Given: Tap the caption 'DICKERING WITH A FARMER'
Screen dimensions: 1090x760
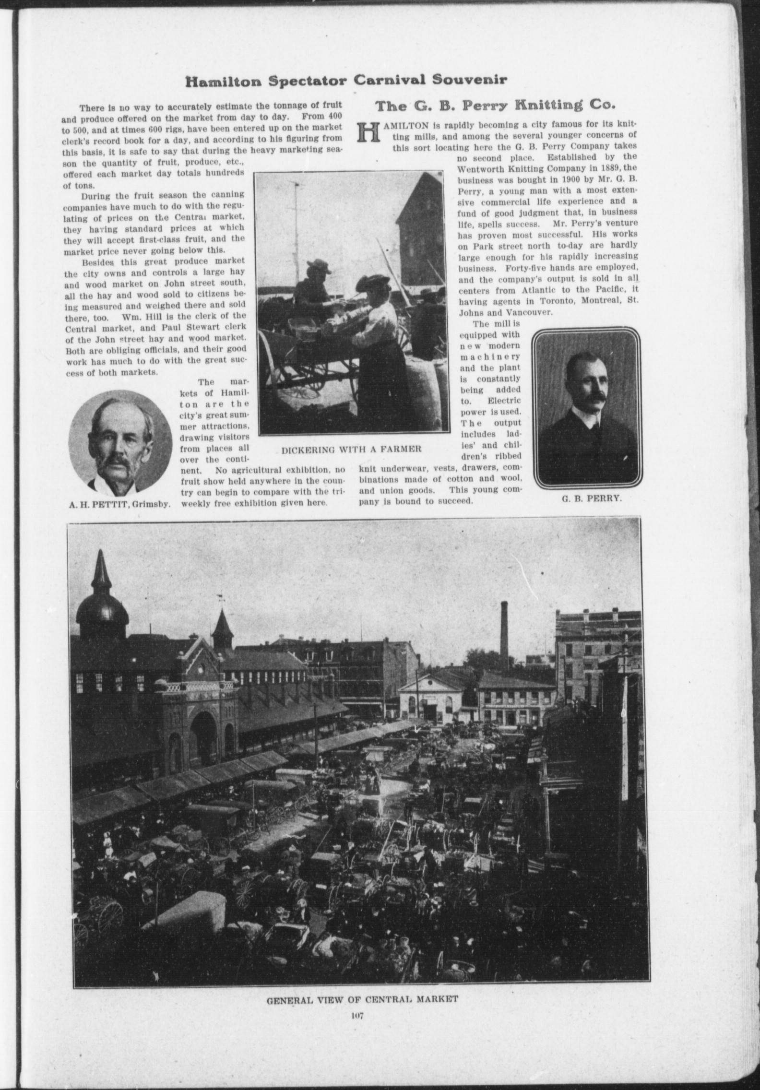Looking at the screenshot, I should pyautogui.click(x=351, y=449).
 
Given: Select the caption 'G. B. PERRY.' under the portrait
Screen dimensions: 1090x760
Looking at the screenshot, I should pyautogui.click(x=592, y=498).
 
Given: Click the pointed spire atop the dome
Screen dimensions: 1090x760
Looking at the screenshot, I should pyautogui.click(x=101, y=574).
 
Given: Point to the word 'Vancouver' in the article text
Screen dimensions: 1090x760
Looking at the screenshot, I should pyautogui.click(x=525, y=311).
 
